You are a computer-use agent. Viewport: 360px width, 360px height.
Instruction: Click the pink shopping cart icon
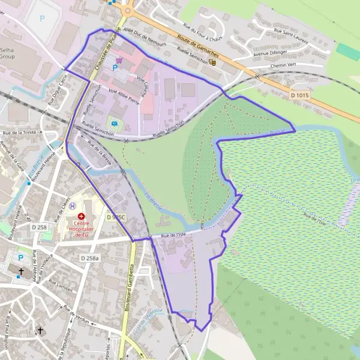tap(119, 60)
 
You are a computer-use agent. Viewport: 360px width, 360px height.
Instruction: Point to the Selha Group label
tap(7, 53)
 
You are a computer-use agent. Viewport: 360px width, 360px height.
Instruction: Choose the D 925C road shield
tap(117, 217)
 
